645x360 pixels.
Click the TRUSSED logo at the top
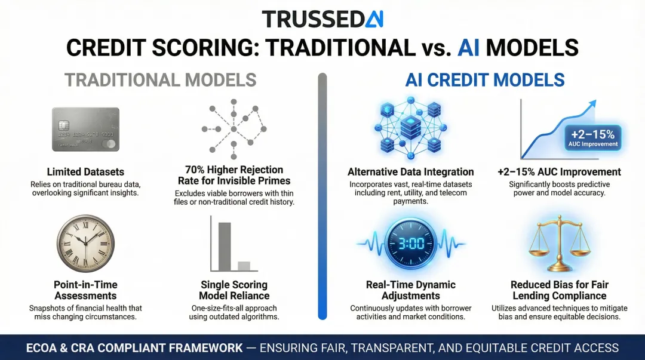point(322,19)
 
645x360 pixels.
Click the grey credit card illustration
point(85,130)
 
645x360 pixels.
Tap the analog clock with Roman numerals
point(85,243)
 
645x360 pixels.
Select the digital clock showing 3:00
point(410,243)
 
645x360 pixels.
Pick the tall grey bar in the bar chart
point(224,246)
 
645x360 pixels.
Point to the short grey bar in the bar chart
point(244,266)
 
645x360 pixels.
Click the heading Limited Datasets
point(85,172)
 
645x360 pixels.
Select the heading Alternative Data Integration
point(410,172)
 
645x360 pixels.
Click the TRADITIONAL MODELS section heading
point(160,80)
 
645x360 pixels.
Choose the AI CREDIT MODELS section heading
point(485,80)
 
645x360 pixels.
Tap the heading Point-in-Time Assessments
point(85,290)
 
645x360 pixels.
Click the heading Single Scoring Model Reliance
point(234,290)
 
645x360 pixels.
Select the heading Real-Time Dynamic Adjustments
point(410,290)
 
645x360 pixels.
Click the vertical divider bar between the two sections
point(322,197)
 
